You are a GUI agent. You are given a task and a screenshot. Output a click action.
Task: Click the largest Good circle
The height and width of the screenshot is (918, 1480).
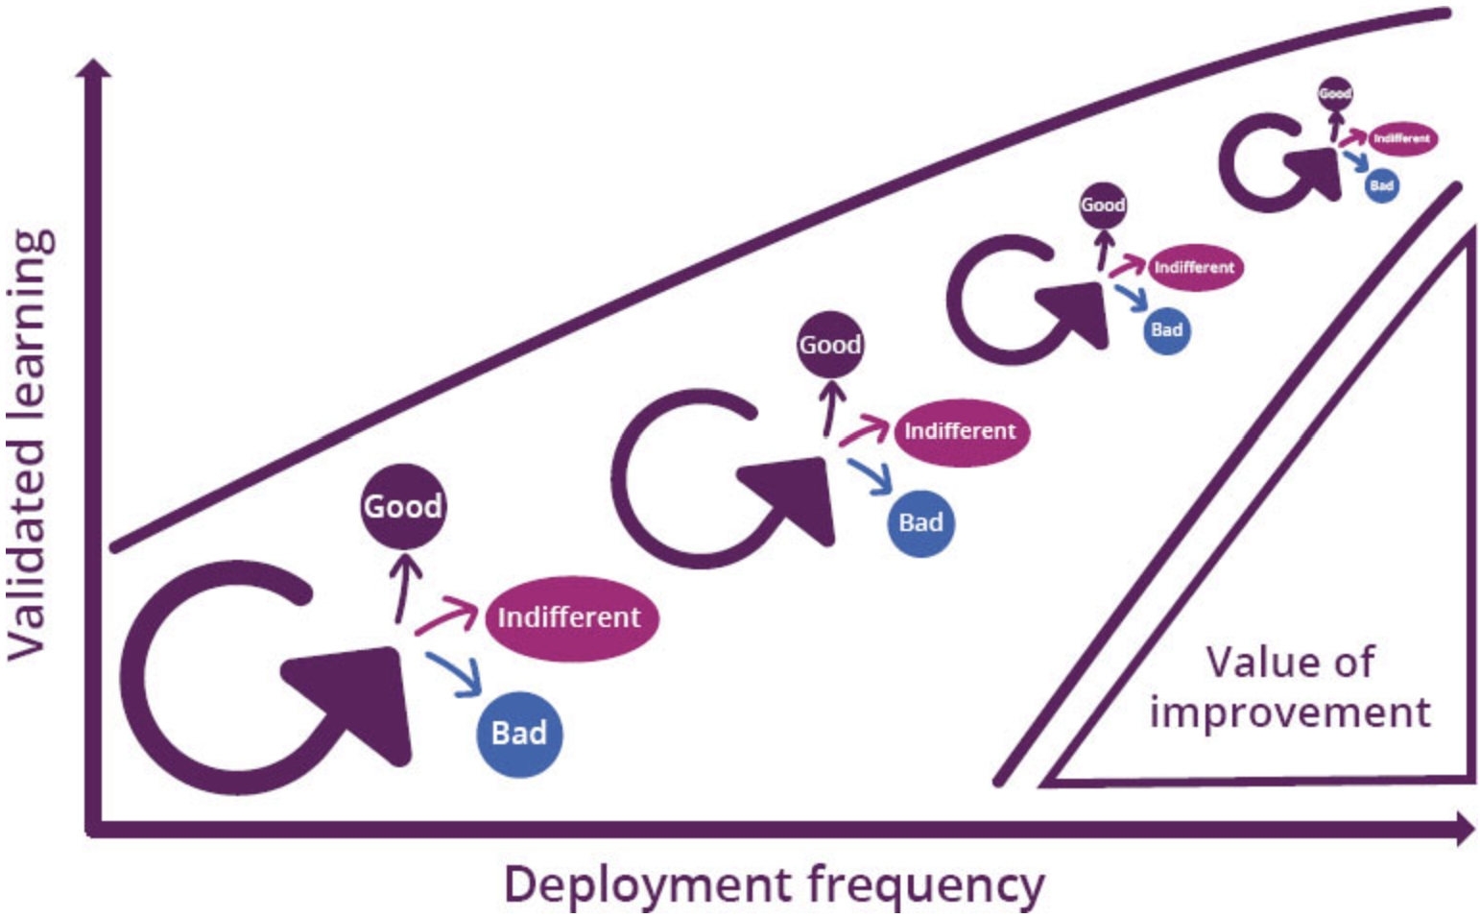403,506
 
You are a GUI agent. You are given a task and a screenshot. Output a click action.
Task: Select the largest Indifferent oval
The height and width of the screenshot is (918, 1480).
570,617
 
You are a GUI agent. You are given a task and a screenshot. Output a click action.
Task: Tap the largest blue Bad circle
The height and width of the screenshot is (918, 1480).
519,734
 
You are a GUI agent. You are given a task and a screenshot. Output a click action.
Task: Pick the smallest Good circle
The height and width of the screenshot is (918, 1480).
1335,93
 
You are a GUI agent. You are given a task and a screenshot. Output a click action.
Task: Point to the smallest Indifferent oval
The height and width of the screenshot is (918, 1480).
1401,138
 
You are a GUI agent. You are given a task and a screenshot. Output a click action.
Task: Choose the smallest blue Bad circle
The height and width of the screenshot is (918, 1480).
1381,185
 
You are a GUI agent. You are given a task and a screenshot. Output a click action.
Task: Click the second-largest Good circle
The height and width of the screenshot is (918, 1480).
830,344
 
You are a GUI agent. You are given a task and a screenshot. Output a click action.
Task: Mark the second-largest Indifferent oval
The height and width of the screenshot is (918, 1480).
960,431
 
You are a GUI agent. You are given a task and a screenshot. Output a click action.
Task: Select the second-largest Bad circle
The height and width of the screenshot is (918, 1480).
920,522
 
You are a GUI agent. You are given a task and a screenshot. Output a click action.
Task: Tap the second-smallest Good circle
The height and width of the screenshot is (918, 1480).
1103,205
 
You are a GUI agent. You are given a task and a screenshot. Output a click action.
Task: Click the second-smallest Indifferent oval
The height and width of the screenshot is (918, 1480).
1194,267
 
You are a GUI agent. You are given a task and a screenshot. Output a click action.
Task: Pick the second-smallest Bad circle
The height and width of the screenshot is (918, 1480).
1166,330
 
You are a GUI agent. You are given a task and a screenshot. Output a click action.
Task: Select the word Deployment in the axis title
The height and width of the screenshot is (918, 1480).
649,884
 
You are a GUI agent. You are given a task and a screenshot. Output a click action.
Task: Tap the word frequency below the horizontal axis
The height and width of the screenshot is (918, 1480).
925,884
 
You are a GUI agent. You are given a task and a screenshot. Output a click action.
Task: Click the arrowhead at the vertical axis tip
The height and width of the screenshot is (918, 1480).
94,69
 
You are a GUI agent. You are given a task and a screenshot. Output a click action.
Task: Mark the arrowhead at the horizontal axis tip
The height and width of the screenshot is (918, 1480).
1465,828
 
